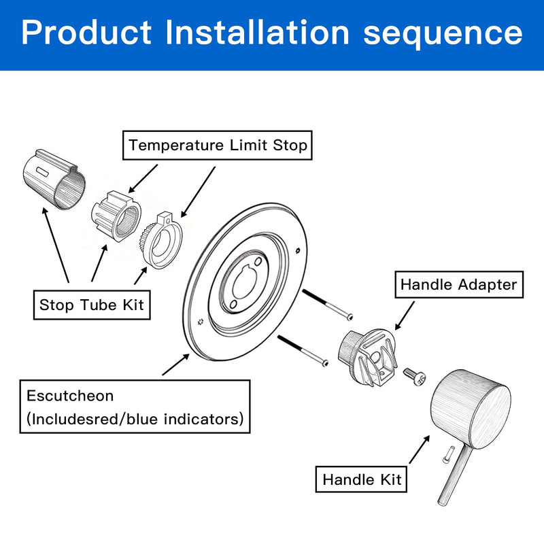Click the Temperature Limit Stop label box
pyautogui.click(x=217, y=145)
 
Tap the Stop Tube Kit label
pyautogui.click(x=92, y=305)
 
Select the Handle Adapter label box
pyautogui.click(x=459, y=284)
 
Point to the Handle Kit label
pyautogui.click(x=361, y=479)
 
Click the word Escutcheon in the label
pyautogui.click(x=70, y=396)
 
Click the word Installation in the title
pyautogui.click(x=257, y=32)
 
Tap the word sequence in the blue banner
pyautogui.click(x=443, y=35)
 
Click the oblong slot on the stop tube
pyautogui.click(x=43, y=171)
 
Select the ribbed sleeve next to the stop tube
pyautogui.click(x=116, y=216)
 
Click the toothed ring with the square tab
pyautogui.click(x=162, y=240)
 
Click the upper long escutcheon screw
pyautogui.click(x=328, y=305)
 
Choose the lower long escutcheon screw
pyautogui.click(x=303, y=351)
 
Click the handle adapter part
pyautogui.click(x=367, y=358)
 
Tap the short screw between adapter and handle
pyautogui.click(x=415, y=377)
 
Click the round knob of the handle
pyautogui.click(x=471, y=409)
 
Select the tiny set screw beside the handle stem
pyautogui.click(x=447, y=455)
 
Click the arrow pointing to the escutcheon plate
pyautogui.click(x=176, y=364)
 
